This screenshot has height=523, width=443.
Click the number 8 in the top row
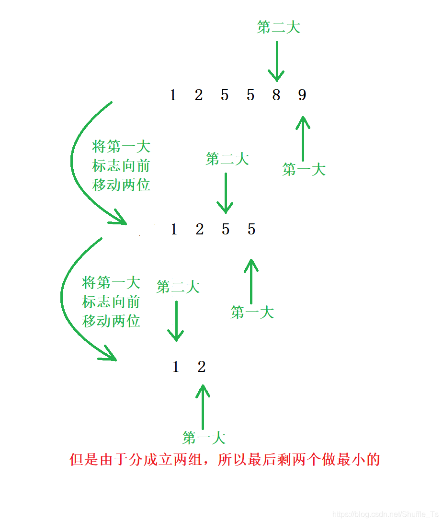pos(276,95)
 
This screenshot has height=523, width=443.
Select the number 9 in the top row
pos(302,95)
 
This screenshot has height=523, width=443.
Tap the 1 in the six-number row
pos(173,95)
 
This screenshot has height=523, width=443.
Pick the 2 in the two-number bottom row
pos(202,367)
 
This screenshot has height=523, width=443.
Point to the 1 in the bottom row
pos(176,367)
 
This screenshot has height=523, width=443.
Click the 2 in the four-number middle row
pos(200,230)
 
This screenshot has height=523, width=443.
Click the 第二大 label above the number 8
pos(278,27)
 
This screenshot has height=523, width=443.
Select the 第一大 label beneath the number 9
pos(304,169)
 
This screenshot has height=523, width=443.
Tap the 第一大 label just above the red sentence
pos(204,438)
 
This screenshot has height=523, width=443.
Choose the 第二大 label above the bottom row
pos(178,287)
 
